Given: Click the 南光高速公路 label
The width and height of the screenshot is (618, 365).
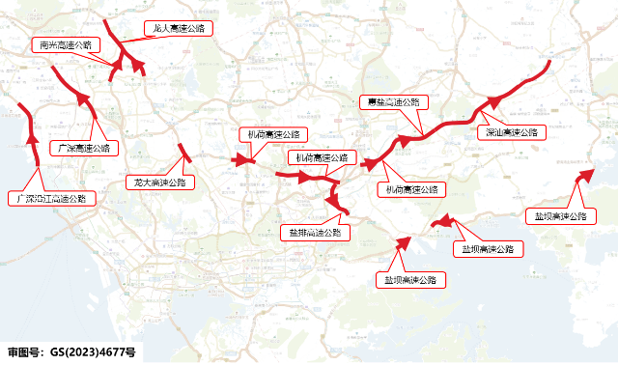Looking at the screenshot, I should tap(64, 44).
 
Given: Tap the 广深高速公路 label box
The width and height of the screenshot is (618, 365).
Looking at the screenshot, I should tap(83, 148).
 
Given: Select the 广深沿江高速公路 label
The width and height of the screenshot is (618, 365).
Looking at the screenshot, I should tap(52, 198).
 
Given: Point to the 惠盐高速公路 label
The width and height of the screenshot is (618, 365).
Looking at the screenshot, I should tap(392, 101).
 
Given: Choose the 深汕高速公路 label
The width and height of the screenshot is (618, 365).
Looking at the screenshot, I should tap(512, 131).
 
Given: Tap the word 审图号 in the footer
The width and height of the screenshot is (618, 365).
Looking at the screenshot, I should tap(25, 352).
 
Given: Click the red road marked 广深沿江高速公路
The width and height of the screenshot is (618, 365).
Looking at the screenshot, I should tap(30, 135).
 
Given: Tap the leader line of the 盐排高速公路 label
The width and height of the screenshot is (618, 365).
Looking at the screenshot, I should tap(332, 218).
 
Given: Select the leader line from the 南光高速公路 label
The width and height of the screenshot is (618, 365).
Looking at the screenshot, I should tap(104, 60).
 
